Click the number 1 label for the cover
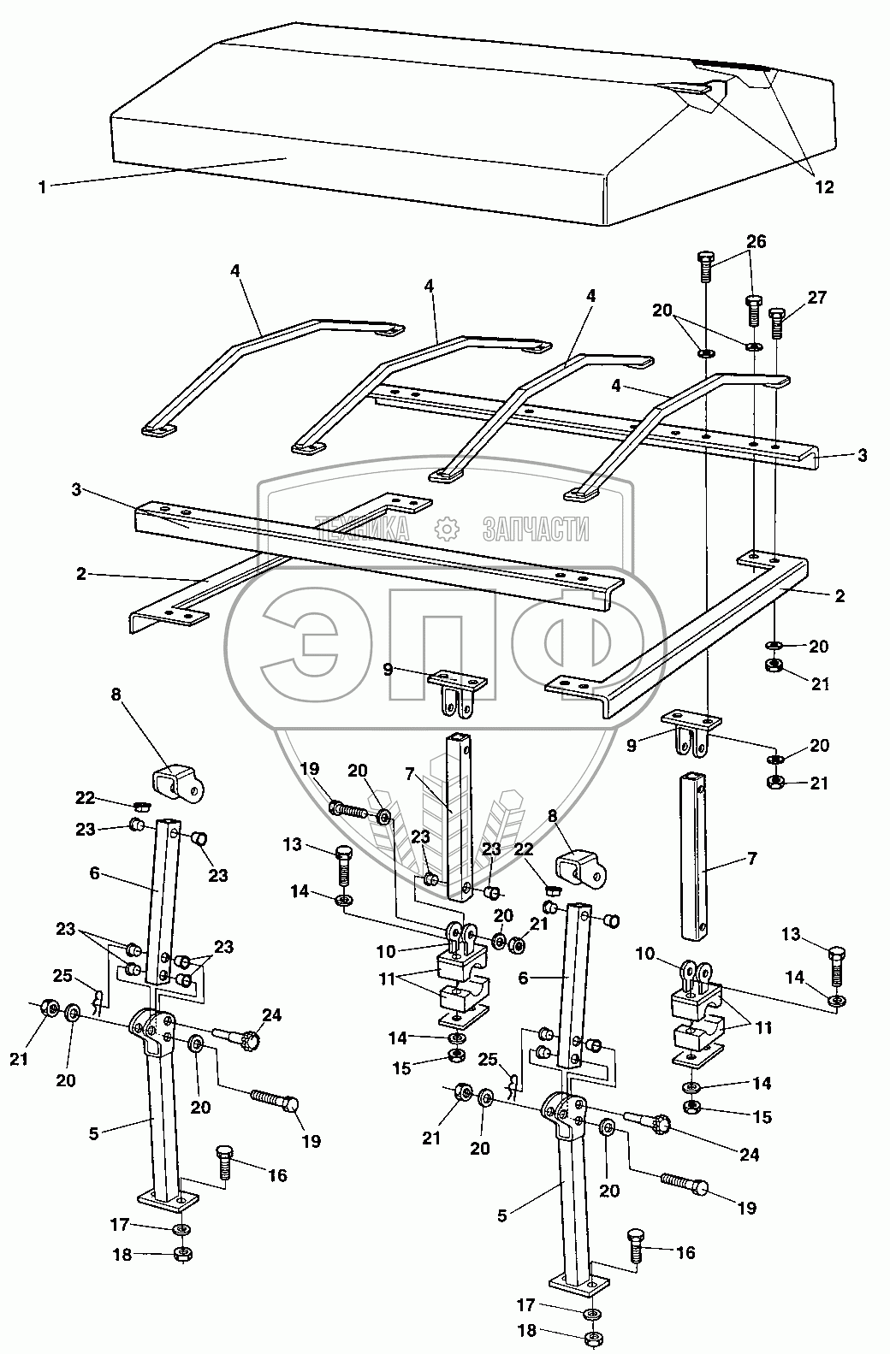coord(42,186)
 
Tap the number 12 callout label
coord(823,187)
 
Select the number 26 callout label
coord(756,241)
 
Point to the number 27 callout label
coord(817,297)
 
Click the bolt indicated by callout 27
coord(777,322)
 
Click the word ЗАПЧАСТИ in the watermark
coord(536,529)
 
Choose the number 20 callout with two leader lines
coord(662,310)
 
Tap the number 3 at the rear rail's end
coord(862,456)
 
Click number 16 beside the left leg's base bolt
coord(276,1175)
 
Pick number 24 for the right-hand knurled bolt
coord(749,1155)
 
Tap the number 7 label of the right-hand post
coord(752,858)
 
